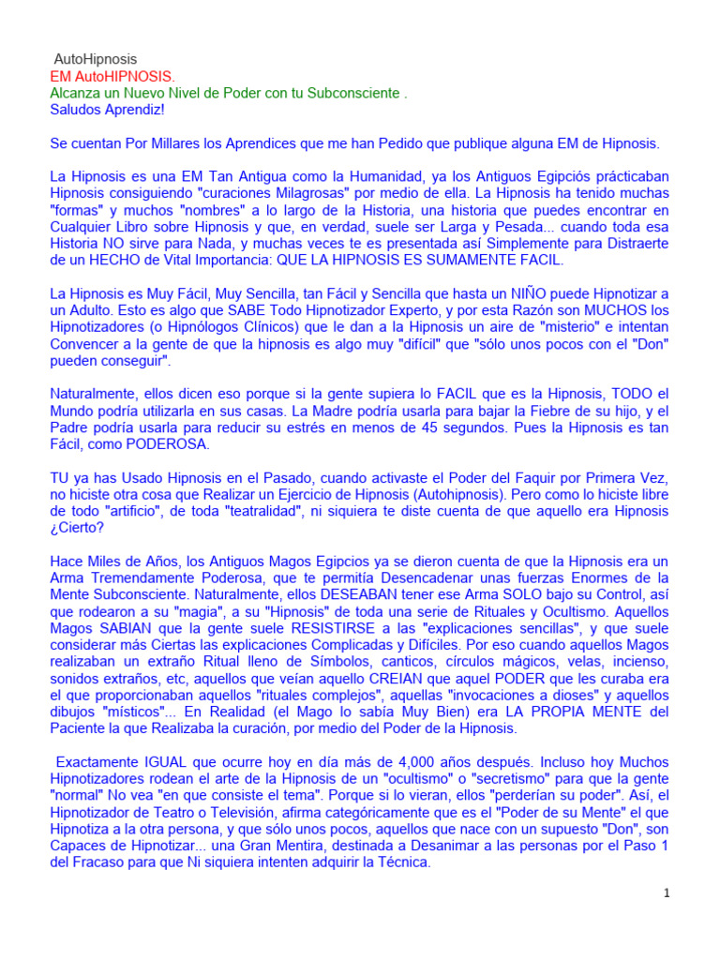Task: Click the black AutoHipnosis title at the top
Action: coord(95,59)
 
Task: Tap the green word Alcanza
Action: coord(77,93)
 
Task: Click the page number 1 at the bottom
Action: coord(666,893)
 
